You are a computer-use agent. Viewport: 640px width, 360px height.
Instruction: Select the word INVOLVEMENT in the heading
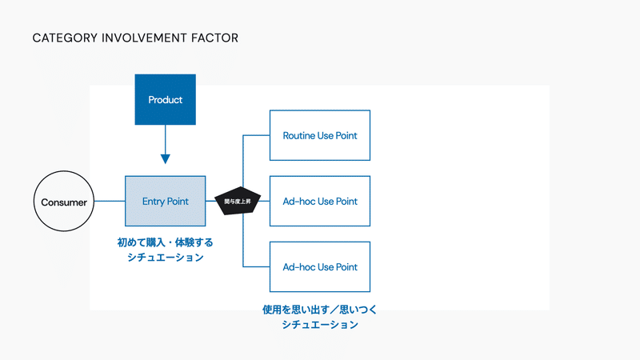[x=138, y=38]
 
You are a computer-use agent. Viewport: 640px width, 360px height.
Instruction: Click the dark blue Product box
[x=165, y=100]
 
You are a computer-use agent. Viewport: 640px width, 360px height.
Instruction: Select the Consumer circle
[x=64, y=202]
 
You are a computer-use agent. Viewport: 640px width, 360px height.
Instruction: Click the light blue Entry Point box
[x=165, y=202]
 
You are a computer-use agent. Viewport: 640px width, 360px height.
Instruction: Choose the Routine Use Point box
[x=320, y=135]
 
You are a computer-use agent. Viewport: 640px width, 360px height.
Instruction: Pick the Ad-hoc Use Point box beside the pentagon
[x=320, y=201]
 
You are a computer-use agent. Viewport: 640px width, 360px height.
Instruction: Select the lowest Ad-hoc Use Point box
[x=320, y=266]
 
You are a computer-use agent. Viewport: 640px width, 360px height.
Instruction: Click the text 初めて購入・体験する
[x=166, y=242]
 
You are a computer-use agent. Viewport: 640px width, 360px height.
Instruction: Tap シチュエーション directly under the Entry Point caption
[x=166, y=258]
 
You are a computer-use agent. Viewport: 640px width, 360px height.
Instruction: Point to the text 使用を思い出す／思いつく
[x=319, y=309]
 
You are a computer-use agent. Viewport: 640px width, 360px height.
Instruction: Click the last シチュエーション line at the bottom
[x=319, y=325]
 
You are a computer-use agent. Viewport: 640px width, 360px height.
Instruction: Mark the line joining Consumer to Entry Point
[x=110, y=202]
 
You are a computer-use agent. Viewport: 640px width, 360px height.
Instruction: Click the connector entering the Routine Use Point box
[x=256, y=135]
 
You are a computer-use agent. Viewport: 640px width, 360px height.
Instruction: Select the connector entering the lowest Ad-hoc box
[x=256, y=266]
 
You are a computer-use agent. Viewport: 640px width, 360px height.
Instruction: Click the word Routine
[x=300, y=135]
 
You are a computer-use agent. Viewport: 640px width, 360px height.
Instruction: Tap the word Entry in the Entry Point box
[x=154, y=202]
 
